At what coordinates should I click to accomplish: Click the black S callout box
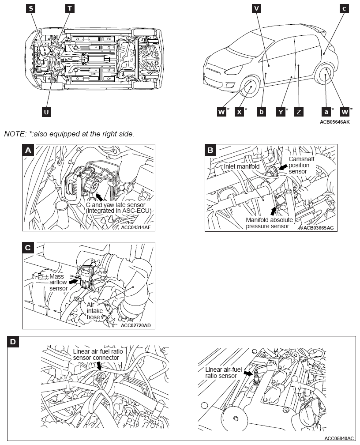coord(30,8)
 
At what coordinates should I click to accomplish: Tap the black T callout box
coord(70,8)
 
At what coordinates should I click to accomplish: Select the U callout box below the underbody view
coord(46,112)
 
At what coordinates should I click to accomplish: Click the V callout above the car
coord(256,8)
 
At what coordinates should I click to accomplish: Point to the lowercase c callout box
coord(344,8)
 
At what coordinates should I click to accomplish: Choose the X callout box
coord(240,112)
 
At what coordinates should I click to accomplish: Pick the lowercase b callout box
coord(261,112)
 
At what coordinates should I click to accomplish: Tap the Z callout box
coord(299,112)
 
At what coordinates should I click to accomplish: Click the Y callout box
coord(281,112)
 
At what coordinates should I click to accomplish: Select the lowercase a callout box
coord(326,112)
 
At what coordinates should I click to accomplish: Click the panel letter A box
coord(28,150)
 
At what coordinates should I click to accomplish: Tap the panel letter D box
coord(13,342)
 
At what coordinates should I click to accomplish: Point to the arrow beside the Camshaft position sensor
coord(282,167)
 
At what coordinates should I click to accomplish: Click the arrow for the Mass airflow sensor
coord(74,281)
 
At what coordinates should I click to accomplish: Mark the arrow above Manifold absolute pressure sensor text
coord(273,211)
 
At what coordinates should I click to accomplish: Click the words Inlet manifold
coord(241,166)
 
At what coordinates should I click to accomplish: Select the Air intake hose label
coord(95,311)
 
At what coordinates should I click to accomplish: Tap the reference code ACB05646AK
coord(335,122)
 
